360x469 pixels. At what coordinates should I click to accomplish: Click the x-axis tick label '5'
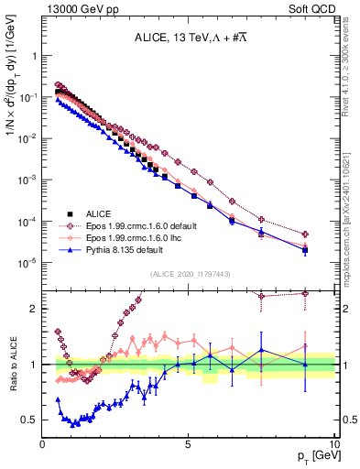click(189, 442)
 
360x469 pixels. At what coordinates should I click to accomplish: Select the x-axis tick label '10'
click(333, 442)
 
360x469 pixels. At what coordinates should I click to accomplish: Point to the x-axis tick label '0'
click(43, 442)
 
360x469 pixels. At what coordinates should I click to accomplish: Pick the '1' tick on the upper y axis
click(34, 55)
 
